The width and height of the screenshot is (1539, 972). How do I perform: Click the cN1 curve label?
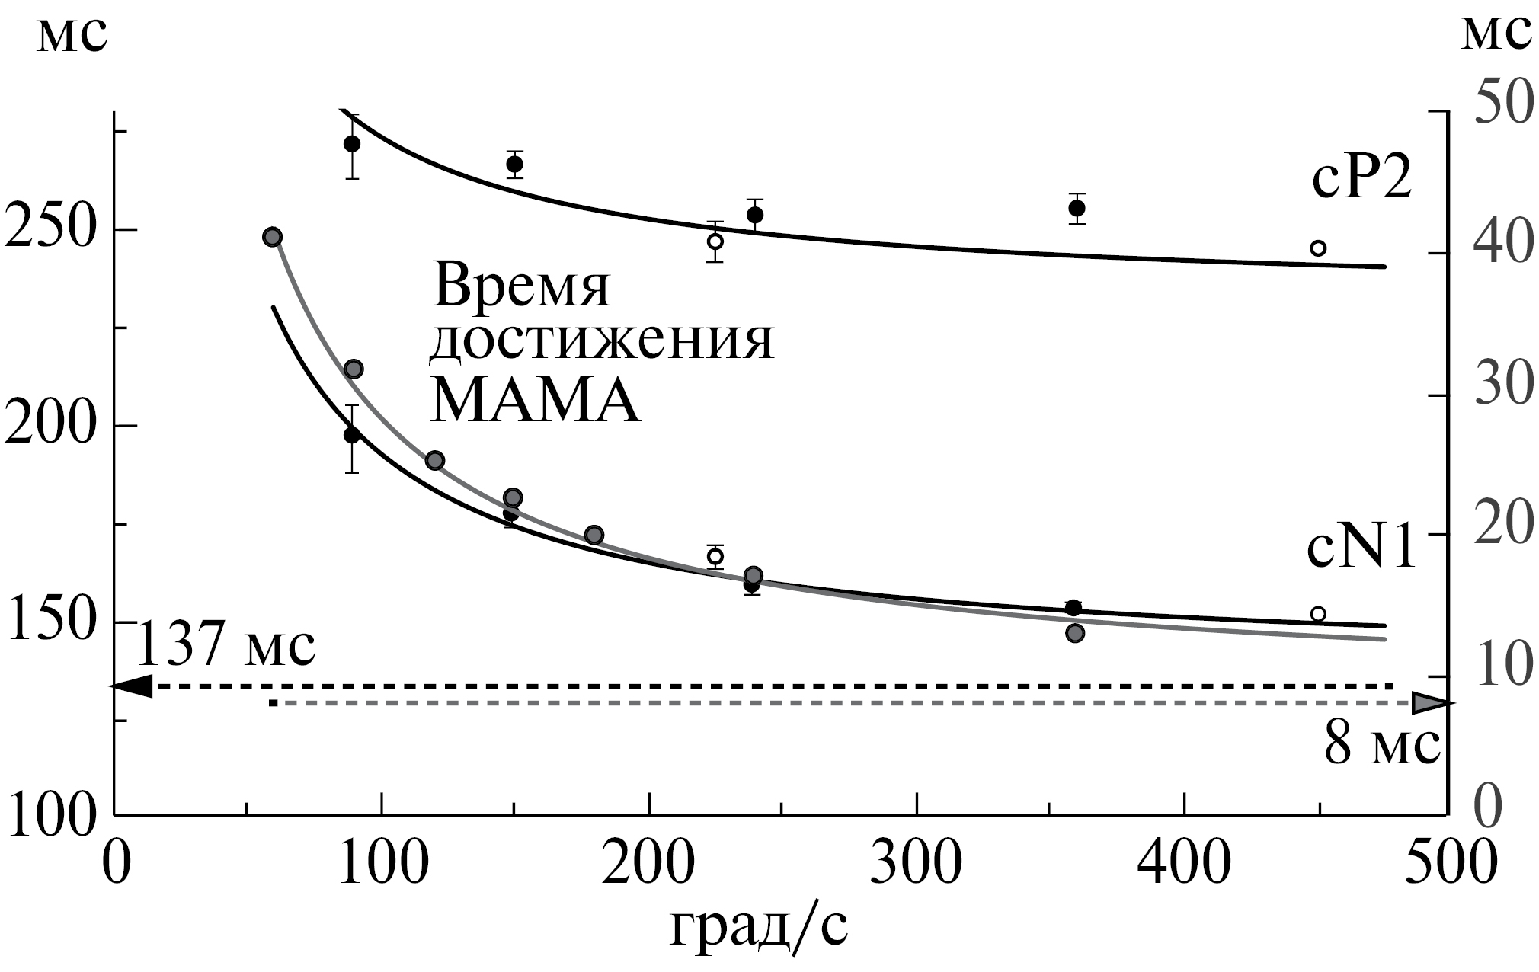tap(1361, 551)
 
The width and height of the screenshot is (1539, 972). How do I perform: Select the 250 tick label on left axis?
tap(50, 229)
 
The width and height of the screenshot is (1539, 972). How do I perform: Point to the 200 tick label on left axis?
tap(50, 426)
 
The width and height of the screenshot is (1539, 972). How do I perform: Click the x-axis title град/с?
tap(759, 929)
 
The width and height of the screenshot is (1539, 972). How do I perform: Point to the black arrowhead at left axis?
tap(131, 686)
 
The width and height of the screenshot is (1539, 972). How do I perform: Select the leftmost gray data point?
tap(272, 237)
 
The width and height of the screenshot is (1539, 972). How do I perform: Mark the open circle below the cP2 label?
tap(1318, 248)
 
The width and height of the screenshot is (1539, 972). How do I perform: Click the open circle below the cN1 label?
tap(1318, 614)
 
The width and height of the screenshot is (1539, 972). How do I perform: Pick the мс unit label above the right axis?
tap(1495, 34)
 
